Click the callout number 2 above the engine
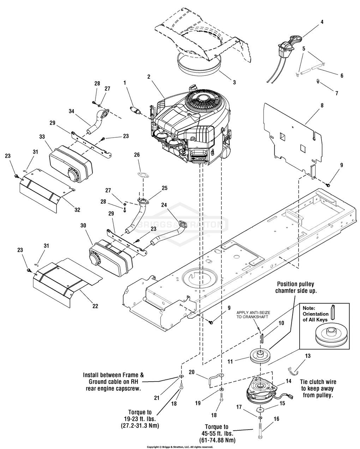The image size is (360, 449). (149, 77)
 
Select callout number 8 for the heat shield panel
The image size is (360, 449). (322, 106)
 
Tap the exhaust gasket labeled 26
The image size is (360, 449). (143, 175)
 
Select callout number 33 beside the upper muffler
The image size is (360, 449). (42, 137)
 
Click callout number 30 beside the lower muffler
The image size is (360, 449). (83, 226)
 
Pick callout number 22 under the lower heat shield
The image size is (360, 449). (95, 306)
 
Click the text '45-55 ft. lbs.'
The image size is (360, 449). (217, 433)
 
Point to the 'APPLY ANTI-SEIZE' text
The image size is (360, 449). (253, 313)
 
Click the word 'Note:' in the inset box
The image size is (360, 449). (309, 308)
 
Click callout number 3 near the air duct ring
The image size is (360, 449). (234, 82)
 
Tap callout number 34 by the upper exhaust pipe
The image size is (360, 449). (71, 111)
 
